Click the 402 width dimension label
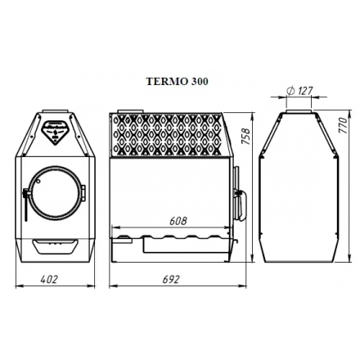pyautogui.click(x=50, y=279)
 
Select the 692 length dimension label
pyautogui.click(x=172, y=279)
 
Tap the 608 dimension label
pyautogui.click(x=178, y=220)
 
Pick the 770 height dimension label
pyautogui.click(x=344, y=127)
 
